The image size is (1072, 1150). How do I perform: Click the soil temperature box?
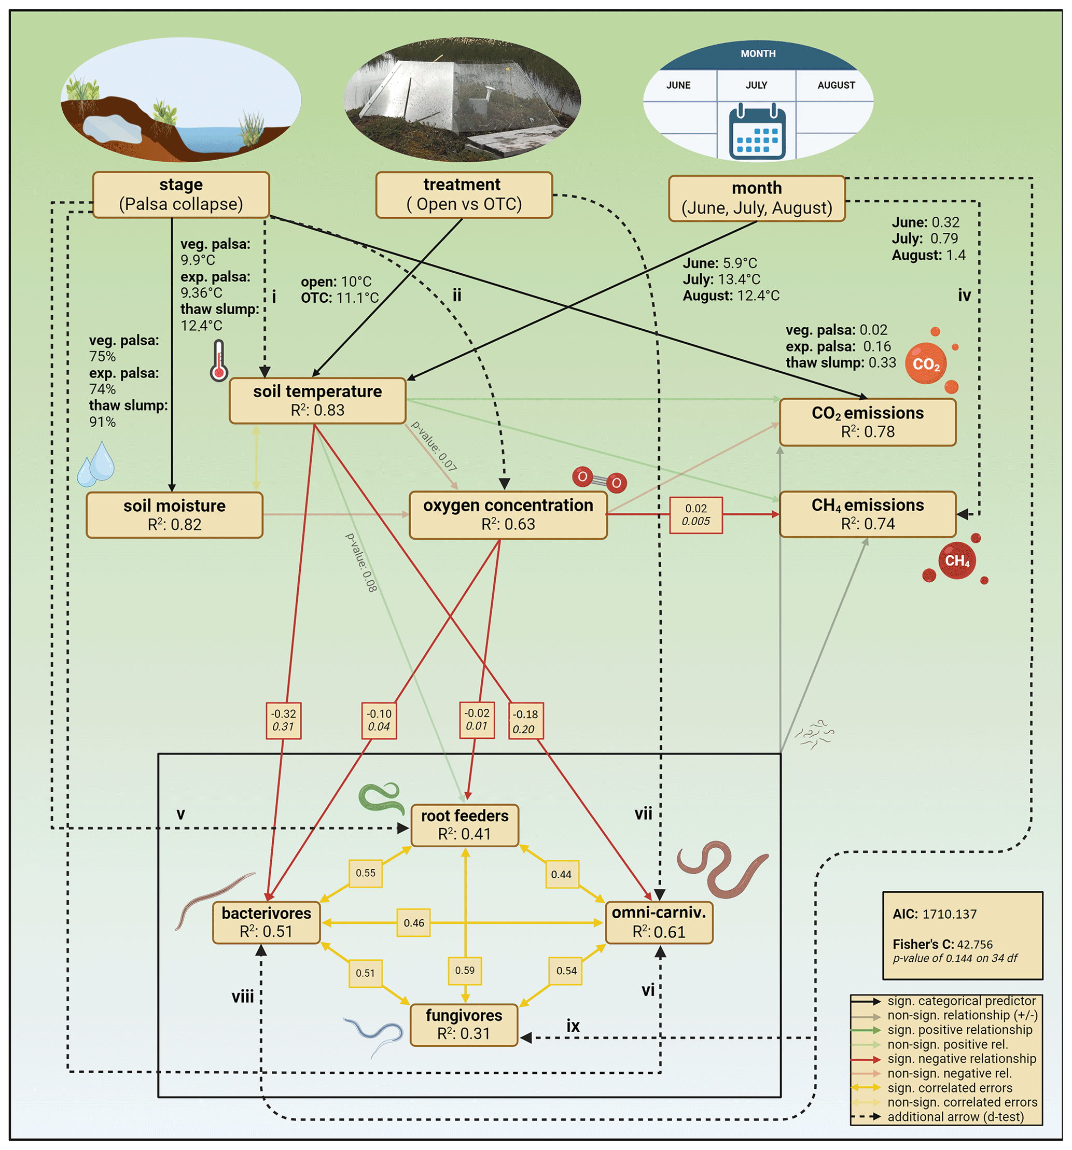(317, 400)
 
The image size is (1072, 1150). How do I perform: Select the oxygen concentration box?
(507, 514)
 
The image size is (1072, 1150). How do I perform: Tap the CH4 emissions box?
(867, 514)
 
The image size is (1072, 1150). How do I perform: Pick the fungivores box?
(464, 1025)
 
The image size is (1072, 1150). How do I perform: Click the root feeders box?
(464, 824)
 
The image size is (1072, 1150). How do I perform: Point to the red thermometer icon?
(218, 360)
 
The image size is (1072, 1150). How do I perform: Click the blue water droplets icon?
(96, 464)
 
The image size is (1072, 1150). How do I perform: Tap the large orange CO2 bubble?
(925, 363)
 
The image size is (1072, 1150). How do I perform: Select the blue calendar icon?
(757, 132)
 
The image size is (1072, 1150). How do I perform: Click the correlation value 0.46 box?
(414, 923)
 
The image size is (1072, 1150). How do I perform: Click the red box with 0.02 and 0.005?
(695, 514)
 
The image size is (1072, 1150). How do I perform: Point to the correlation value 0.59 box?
(464, 970)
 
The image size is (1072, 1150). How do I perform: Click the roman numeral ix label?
(572, 1026)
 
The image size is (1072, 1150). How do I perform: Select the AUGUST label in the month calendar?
(836, 85)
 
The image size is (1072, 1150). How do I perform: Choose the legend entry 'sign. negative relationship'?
(961, 1059)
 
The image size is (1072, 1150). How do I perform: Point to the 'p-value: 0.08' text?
(361, 562)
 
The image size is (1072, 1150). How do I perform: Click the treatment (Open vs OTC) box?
(464, 194)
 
